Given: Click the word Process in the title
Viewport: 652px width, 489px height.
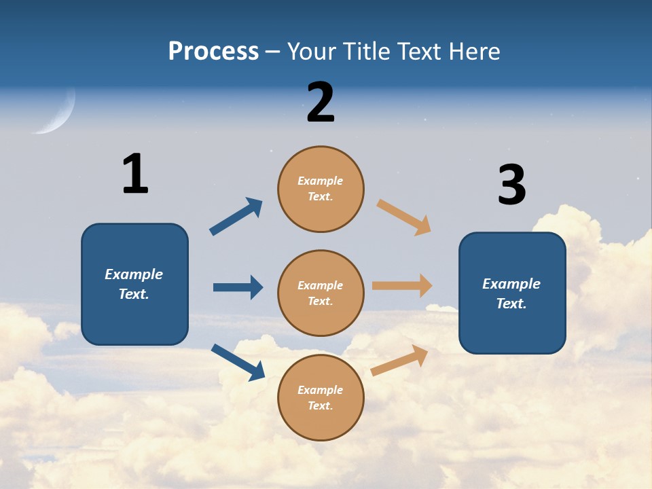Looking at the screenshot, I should point(213,52).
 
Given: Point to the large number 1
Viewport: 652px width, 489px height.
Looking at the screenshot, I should point(135,174).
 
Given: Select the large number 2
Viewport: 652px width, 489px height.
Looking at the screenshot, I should point(321,103).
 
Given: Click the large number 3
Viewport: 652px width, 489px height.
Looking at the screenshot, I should point(511,185).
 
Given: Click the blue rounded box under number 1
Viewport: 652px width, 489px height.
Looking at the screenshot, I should point(134,284).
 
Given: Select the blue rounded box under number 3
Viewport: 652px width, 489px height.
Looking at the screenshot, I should point(512,293).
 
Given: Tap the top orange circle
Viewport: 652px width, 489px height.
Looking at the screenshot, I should point(321,189).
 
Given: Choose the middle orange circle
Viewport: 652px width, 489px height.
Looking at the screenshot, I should point(321,293).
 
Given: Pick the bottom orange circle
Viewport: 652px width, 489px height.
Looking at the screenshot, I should point(321,397).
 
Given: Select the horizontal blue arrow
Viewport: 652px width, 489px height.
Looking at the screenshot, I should point(238,287).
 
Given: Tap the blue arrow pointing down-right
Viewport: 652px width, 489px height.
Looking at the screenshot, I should point(238,362).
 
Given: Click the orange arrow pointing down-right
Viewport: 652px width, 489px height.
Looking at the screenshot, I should point(404,217).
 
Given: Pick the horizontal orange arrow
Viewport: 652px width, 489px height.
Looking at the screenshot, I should point(402,286).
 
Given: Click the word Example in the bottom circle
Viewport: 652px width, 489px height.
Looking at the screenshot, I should point(320,390).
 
